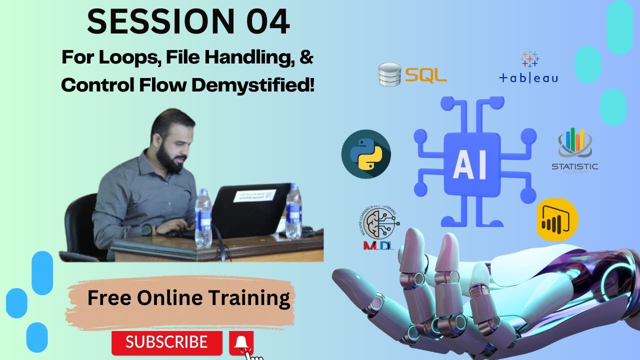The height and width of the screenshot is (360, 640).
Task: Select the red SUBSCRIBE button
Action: click(x=166, y=342)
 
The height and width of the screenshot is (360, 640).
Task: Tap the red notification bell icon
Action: click(x=241, y=342)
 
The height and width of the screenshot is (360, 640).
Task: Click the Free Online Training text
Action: click(x=188, y=298)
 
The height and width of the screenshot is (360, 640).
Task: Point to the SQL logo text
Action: click(x=425, y=75)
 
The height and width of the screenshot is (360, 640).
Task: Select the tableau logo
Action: click(x=528, y=67)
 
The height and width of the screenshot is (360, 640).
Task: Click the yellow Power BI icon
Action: click(x=557, y=220)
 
